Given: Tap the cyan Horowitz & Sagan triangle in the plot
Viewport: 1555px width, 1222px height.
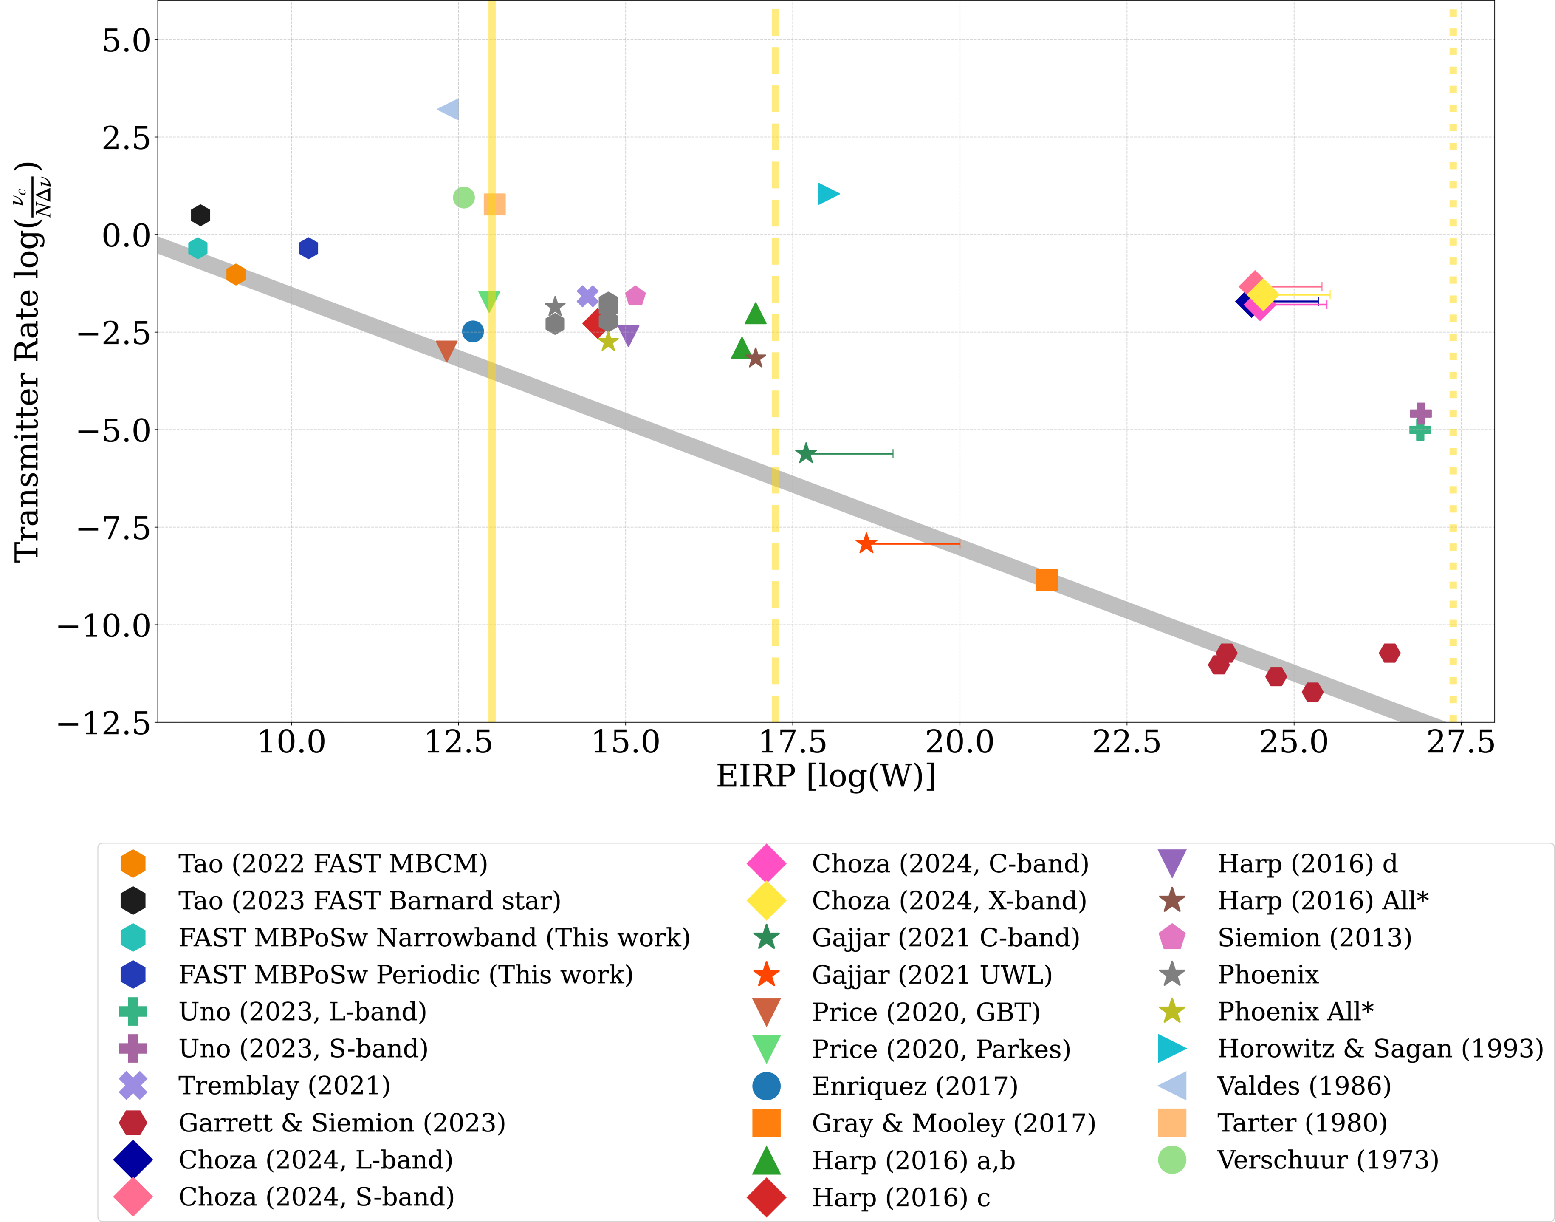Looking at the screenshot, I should coord(827,194).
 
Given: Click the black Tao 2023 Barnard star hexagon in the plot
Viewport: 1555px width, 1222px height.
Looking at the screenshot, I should coord(200,215).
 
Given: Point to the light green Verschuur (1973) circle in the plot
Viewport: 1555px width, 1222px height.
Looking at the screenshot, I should coord(463,198).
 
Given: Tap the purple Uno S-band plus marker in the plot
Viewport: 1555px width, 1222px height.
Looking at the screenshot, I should coord(1420,413).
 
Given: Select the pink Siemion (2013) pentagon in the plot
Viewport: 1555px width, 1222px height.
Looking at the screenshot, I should coord(635,295).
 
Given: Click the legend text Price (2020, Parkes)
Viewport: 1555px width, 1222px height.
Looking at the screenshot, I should coord(940,1049).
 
